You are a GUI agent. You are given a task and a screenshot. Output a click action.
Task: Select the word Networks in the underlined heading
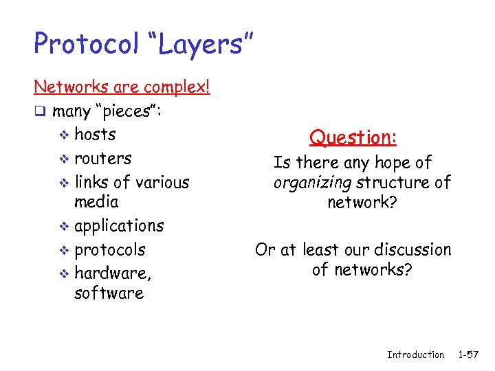click(x=67, y=87)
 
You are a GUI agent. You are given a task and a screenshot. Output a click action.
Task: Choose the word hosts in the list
click(x=95, y=134)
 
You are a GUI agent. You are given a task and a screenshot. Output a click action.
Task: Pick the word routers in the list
click(x=102, y=158)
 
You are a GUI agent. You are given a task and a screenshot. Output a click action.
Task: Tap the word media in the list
click(x=96, y=202)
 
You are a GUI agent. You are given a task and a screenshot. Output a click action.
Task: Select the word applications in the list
click(x=119, y=226)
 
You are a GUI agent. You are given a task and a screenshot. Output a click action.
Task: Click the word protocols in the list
click(x=109, y=249)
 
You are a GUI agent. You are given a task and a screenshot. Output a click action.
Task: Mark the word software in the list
click(x=109, y=293)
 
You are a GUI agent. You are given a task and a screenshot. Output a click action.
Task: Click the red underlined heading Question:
click(x=353, y=137)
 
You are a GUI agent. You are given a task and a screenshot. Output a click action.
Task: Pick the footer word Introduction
click(x=415, y=355)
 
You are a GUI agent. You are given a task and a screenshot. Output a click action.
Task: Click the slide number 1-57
click(x=469, y=355)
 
